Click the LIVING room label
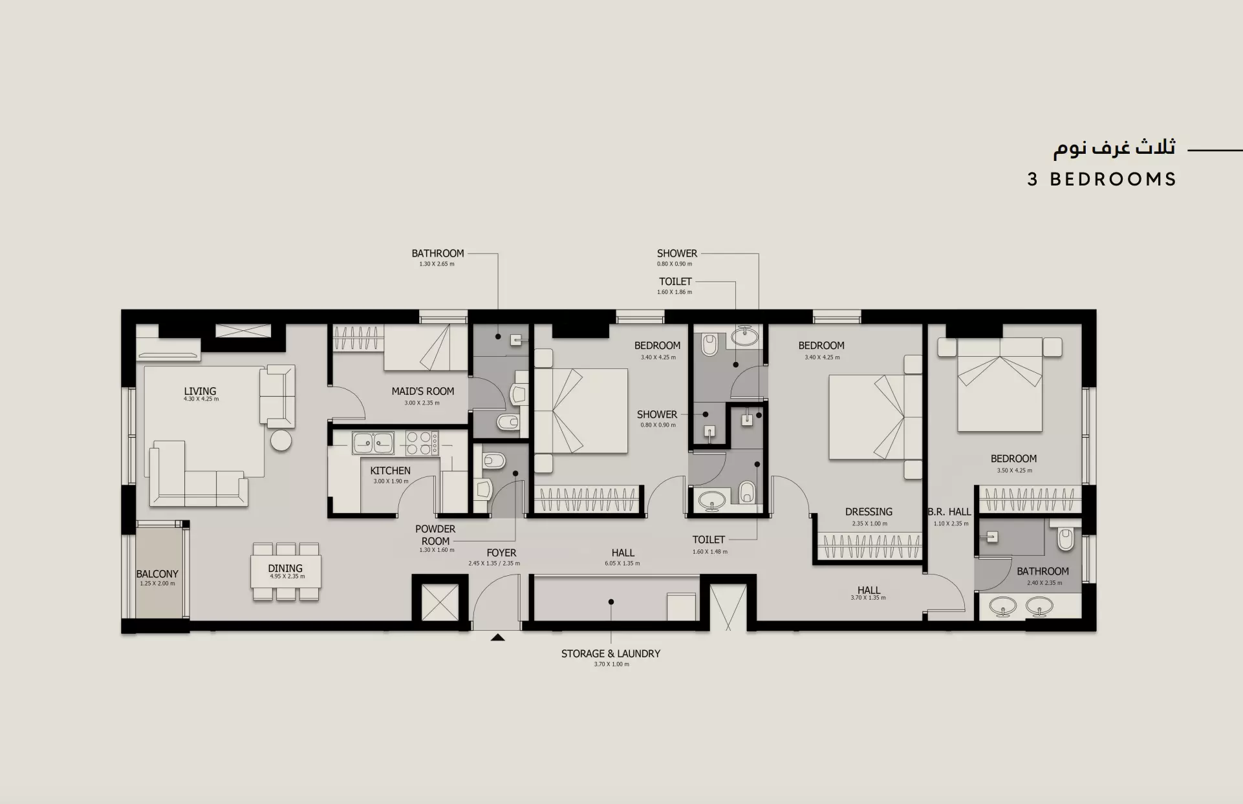click(x=200, y=391)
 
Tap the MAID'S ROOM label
click(x=422, y=391)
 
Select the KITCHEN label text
click(x=390, y=471)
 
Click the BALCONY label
click(x=157, y=574)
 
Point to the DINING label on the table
click(x=285, y=568)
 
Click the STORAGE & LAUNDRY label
click(x=611, y=653)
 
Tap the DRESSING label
click(x=869, y=511)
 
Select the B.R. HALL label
click(x=949, y=511)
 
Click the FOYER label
click(x=501, y=553)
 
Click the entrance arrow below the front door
click(x=497, y=637)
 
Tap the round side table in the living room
click(x=281, y=440)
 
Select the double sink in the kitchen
click(x=373, y=443)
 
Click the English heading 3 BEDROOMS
click(x=1101, y=179)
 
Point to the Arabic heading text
click(x=1114, y=148)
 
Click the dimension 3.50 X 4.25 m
click(x=1014, y=471)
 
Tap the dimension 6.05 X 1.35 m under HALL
click(x=622, y=563)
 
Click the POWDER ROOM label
click(x=435, y=534)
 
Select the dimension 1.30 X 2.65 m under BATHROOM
click(x=437, y=264)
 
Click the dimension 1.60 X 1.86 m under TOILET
click(x=675, y=291)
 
